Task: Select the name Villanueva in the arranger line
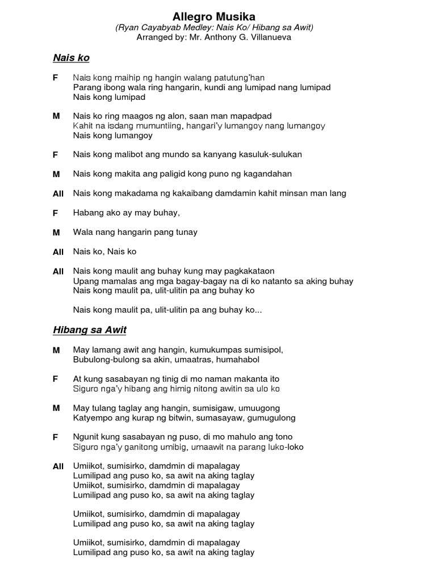270,37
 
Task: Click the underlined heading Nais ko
71,58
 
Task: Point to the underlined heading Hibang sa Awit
90,330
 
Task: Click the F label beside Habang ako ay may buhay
56,213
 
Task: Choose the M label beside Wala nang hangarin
56,232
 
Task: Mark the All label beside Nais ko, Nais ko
58,252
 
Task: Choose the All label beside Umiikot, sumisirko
58,466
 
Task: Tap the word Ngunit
85,437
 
